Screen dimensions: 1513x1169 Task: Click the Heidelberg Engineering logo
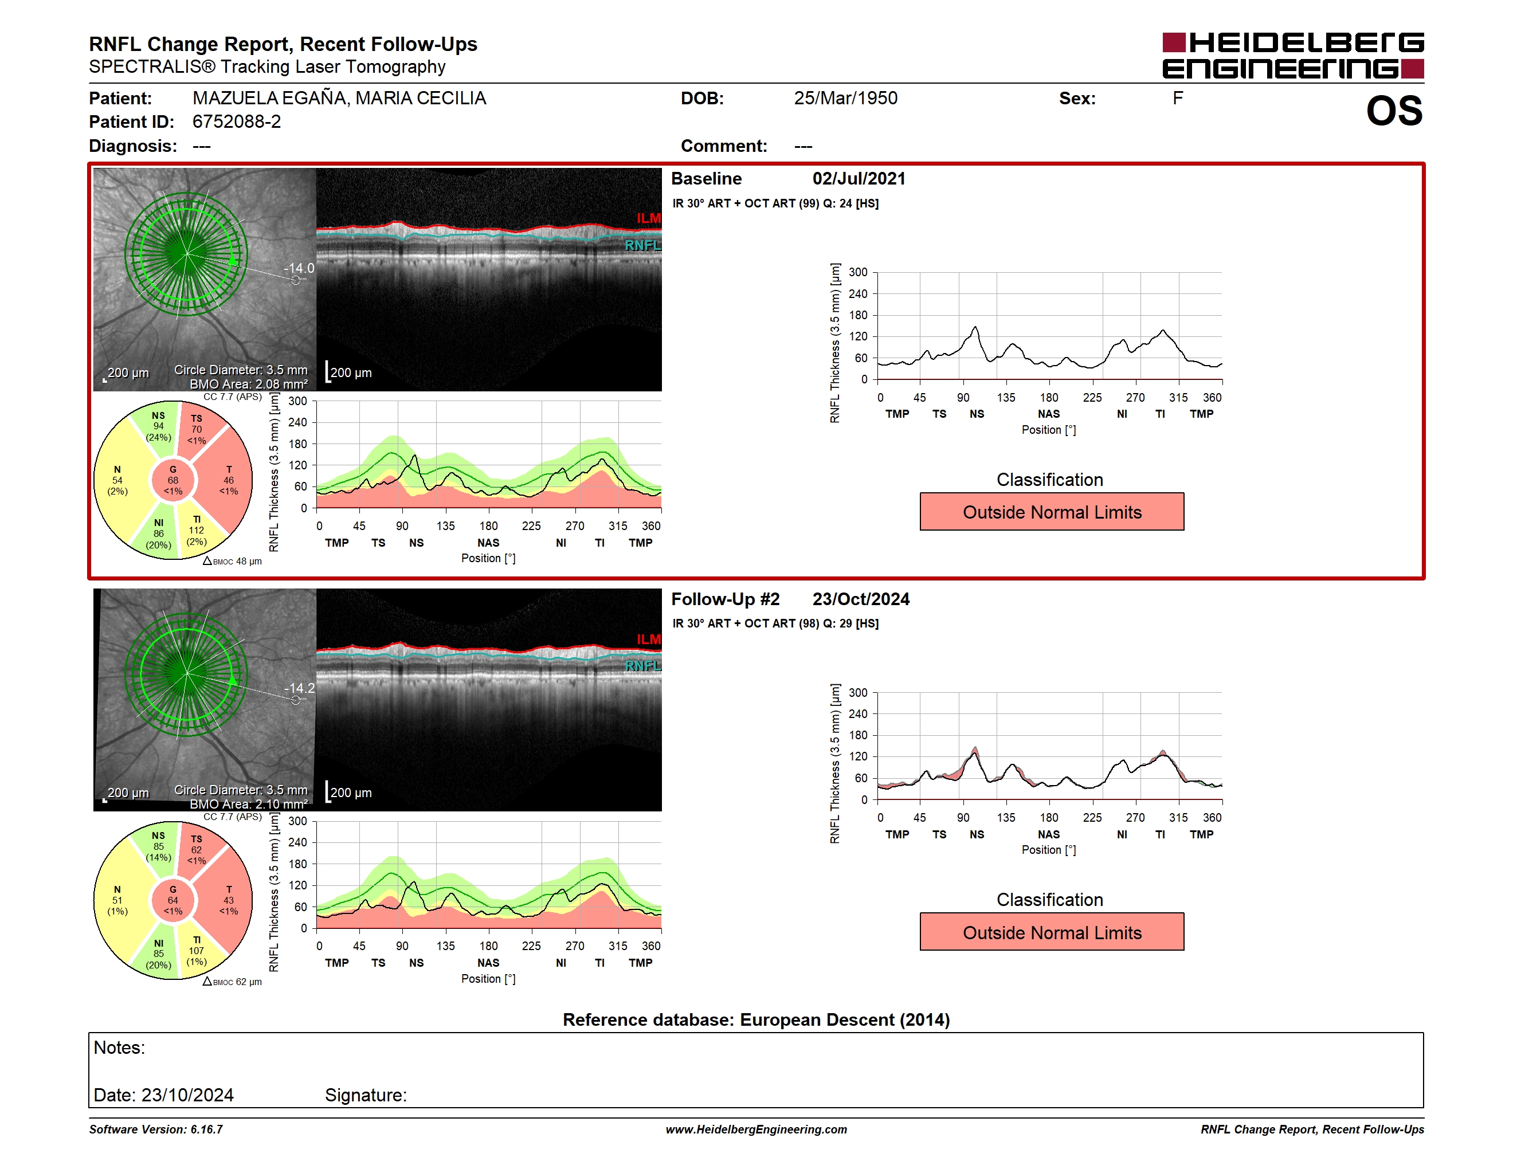(1293, 56)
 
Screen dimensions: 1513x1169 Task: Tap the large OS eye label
(1394, 111)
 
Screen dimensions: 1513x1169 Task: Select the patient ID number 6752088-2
(237, 122)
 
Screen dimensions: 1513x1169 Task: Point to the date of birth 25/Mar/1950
(845, 99)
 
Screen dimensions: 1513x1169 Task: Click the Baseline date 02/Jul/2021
(859, 179)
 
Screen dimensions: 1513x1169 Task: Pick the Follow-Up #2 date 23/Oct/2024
(861, 599)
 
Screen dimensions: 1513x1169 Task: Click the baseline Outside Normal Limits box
(1052, 512)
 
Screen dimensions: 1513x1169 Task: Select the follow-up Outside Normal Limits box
(1052, 932)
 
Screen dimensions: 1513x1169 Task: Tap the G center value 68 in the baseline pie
(173, 480)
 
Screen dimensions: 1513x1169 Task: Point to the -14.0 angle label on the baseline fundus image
(299, 268)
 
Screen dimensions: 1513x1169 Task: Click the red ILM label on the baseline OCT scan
(648, 218)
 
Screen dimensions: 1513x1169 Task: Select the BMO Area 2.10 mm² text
(249, 804)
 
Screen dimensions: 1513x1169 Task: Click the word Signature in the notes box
(366, 1095)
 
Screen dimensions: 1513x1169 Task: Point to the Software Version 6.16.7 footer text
(156, 1129)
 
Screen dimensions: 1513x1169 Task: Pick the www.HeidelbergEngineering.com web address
(756, 1129)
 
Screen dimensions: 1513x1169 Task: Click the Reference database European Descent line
(756, 1019)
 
